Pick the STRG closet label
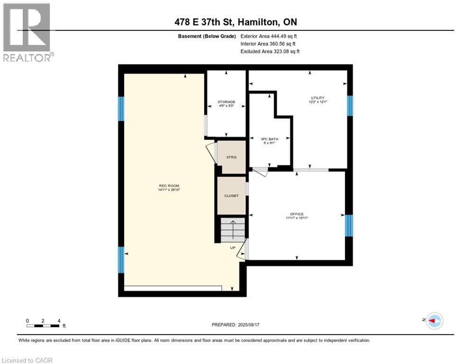(231, 157)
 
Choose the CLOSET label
(231, 196)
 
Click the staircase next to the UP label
(232, 230)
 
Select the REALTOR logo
(27, 32)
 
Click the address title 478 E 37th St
(235, 22)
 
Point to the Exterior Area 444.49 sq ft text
(269, 36)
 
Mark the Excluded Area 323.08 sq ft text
(270, 51)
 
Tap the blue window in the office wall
(349, 226)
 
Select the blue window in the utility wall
(350, 106)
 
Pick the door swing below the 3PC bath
(260, 172)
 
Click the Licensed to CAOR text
(28, 360)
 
